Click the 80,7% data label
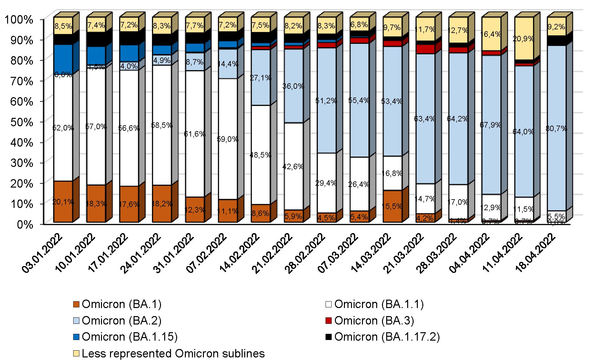pos(556,129)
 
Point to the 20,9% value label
pos(523,39)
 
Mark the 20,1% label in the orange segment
pos(63,202)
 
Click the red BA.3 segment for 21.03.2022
pos(425,49)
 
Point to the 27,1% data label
pos(260,78)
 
